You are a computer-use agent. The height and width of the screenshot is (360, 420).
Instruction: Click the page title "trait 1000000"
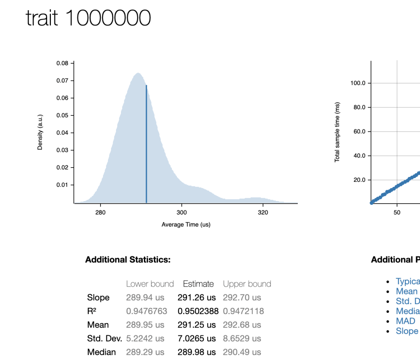[x=88, y=18]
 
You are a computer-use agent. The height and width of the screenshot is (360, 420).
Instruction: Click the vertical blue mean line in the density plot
[x=146, y=144]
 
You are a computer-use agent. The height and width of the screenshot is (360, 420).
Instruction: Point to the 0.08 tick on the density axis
[x=62, y=63]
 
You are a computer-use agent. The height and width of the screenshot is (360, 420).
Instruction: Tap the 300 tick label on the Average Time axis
[x=181, y=212]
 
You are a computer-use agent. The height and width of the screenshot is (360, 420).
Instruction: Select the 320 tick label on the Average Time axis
[x=262, y=212]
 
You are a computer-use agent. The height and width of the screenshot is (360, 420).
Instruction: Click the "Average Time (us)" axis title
[x=186, y=225]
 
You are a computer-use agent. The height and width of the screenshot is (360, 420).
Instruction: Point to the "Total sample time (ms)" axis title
[x=337, y=132]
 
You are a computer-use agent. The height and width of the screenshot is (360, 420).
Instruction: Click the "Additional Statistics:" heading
[x=128, y=259]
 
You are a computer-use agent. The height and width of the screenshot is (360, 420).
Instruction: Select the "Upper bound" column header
[x=247, y=284]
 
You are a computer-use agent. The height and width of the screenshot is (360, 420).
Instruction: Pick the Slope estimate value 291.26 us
[x=196, y=298]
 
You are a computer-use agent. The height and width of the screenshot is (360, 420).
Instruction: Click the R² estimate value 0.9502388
[x=198, y=311]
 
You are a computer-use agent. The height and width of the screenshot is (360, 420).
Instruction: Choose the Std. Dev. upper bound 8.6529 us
[x=242, y=339]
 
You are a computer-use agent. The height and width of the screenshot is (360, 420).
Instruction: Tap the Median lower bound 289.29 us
[x=145, y=352]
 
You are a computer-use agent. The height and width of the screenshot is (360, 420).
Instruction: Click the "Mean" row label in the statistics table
[x=98, y=325]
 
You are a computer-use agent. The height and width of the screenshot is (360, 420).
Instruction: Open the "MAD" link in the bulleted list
[x=405, y=321]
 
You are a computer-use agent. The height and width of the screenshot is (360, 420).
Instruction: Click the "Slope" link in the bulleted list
[x=407, y=331]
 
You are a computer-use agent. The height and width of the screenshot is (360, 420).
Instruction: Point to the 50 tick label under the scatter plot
[x=397, y=212]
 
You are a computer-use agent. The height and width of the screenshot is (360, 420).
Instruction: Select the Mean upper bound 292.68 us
[x=242, y=325]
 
